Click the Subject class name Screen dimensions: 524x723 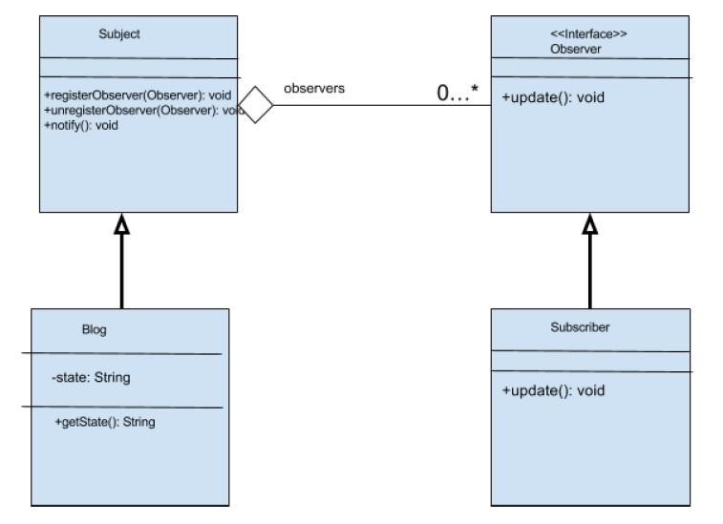(119, 34)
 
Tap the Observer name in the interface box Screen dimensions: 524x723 (576, 49)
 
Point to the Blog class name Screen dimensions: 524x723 (94, 330)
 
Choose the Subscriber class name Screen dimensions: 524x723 (580, 327)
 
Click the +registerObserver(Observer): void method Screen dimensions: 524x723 (138, 95)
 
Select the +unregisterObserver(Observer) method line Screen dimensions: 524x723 (138, 110)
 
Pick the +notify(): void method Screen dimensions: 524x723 (80, 125)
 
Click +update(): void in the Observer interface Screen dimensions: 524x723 (553, 97)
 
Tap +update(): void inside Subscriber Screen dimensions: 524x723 (553, 390)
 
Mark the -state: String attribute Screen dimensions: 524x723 (91, 378)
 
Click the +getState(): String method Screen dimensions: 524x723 (105, 422)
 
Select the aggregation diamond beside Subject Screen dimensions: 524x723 (255, 105)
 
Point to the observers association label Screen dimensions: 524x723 (314, 88)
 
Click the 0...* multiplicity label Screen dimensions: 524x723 (457, 93)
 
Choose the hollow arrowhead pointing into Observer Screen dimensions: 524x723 (590, 224)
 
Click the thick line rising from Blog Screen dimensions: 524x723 (121, 272)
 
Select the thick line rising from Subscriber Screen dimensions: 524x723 (590, 272)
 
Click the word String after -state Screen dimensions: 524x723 (113, 378)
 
